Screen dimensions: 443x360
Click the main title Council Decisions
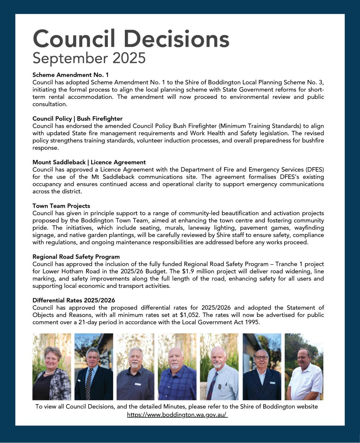pyautogui.click(x=131, y=39)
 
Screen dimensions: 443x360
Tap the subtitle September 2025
pyautogui.click(x=89, y=58)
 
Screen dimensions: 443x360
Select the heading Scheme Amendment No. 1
pyautogui.click(x=71, y=75)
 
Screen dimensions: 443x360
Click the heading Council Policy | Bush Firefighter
pyautogui.click(x=77, y=119)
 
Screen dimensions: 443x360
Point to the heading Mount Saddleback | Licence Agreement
pyautogui.click(x=89, y=162)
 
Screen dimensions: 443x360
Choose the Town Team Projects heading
pyautogui.click(x=61, y=206)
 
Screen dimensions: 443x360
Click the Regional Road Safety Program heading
pyautogui.click(x=76, y=257)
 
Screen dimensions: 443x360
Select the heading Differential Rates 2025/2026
pyautogui.click(x=74, y=300)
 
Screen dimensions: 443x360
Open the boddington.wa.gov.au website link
pyautogui.click(x=177, y=414)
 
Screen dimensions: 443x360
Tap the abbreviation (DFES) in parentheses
pyautogui.click(x=314, y=170)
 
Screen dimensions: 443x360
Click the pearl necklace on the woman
pyautogui.click(x=50, y=372)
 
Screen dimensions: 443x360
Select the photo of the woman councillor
pyautogui.click(x=52, y=367)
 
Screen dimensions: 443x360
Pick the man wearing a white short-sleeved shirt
pyautogui.click(x=304, y=367)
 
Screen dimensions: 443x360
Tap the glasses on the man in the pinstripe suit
pyautogui.click(x=261, y=358)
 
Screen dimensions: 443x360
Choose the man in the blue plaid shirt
pyautogui.click(x=177, y=367)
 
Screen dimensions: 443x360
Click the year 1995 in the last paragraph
pyautogui.click(x=252, y=322)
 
